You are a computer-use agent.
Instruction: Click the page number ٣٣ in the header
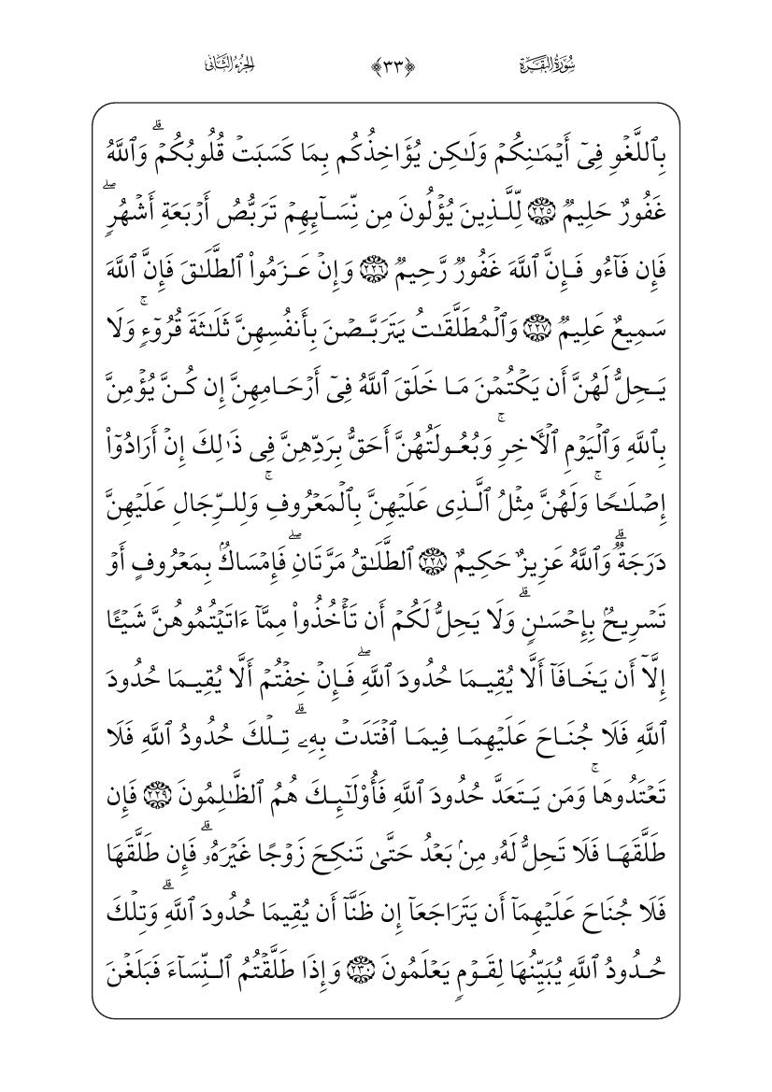[x=385, y=65]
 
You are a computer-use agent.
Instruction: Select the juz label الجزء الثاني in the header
[x=227, y=65]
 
